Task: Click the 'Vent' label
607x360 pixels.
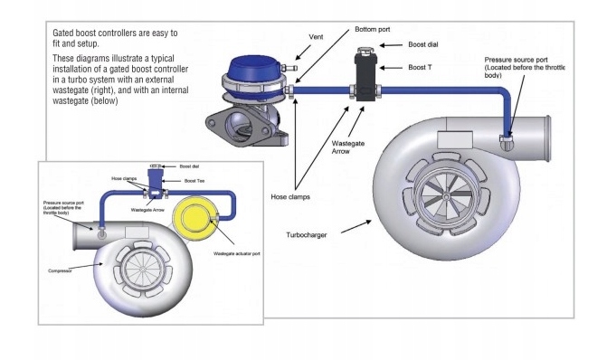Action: click(316, 37)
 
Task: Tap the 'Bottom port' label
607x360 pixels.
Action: click(373, 29)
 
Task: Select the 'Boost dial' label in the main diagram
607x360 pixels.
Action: click(423, 44)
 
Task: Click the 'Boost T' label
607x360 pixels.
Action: click(420, 67)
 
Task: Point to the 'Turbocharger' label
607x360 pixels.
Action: click(306, 235)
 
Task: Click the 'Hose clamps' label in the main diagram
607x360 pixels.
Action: click(290, 197)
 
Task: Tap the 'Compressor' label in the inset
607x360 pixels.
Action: click(60, 271)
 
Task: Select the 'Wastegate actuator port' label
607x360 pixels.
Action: click(236, 254)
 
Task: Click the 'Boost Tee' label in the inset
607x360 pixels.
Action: click(194, 181)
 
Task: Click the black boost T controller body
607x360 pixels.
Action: click(365, 78)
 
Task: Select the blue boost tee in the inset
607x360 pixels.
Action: click(156, 184)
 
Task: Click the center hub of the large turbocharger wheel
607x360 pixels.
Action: click(446, 197)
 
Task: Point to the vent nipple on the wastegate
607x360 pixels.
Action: click(289, 68)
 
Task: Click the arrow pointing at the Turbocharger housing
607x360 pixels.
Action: click(356, 226)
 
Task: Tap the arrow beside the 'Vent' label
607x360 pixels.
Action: click(303, 52)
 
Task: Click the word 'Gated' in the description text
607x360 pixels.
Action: click(62, 33)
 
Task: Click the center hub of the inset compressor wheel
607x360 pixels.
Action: click(142, 269)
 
